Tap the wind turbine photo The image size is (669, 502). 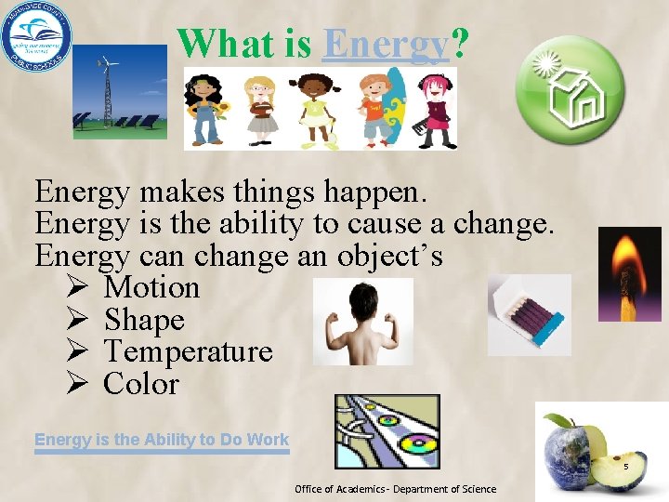121,92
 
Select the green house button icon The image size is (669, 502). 570,89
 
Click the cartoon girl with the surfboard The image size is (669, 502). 380,107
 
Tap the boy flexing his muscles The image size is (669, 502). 362,322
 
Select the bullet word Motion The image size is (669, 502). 151,288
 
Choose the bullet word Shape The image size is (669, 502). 144,321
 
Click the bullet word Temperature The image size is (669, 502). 188,352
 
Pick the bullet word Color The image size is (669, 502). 141,384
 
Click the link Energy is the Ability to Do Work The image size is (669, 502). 162,440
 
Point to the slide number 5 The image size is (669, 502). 626,467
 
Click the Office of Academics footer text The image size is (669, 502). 395,489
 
